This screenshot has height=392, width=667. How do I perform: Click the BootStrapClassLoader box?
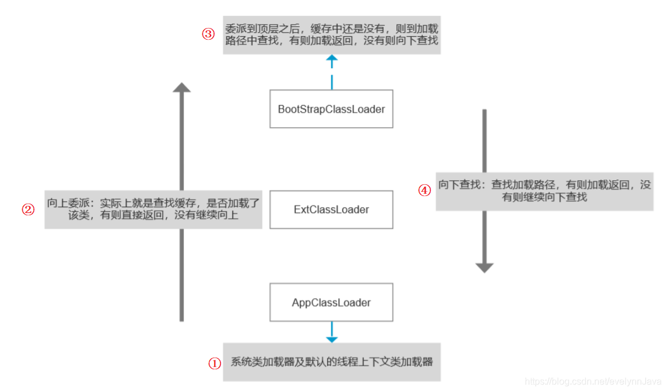331,109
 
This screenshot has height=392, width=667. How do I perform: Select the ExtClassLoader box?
331,209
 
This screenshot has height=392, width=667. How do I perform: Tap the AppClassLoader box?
331,303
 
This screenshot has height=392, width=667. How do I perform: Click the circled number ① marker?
215,363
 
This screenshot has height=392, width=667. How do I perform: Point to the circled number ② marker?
29,209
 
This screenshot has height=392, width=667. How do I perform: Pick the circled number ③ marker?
209,34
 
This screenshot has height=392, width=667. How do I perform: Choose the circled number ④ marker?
425,190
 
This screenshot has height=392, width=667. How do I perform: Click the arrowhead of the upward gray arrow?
182,87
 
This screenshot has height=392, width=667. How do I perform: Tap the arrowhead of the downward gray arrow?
485,268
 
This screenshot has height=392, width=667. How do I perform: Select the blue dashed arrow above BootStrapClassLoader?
332,71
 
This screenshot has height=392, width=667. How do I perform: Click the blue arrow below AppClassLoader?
332,332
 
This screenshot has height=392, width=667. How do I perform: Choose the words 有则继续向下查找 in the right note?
544,197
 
